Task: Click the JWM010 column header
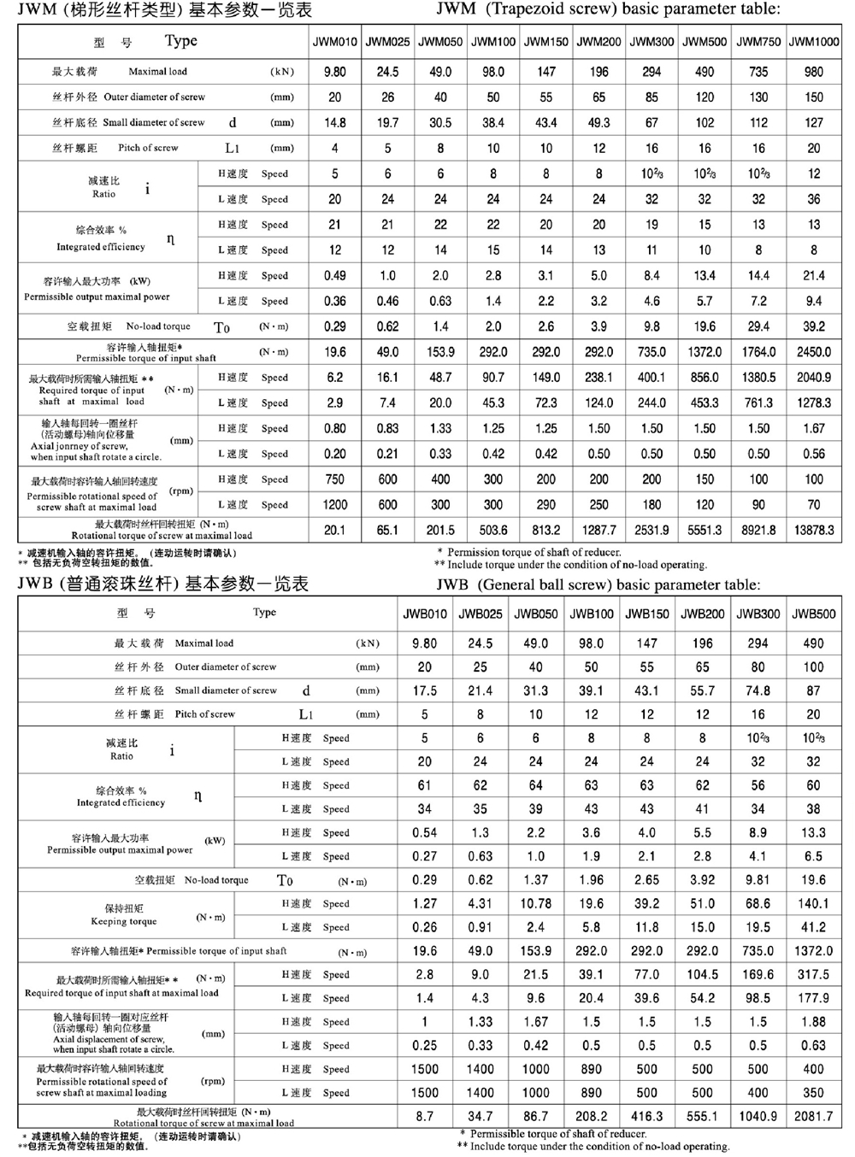[335, 42]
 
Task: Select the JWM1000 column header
[814, 42]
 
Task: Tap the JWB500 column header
[814, 614]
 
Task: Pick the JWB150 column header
[647, 614]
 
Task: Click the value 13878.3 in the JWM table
[814, 530]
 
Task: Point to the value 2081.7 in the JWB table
[814, 1116]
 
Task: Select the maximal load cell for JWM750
[758, 72]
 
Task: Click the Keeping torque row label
[125, 915]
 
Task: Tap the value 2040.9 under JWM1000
[814, 377]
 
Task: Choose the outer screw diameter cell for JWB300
[758, 667]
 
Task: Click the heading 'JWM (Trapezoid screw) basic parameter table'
[608, 10]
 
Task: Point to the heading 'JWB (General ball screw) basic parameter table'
[598, 585]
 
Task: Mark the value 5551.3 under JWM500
[705, 530]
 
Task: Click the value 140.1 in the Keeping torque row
[814, 903]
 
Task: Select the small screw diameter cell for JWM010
[335, 122]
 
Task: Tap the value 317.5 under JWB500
[814, 974]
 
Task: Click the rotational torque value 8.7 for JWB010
[425, 1116]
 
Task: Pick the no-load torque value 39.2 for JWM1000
[814, 326]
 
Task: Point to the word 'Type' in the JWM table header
[180, 41]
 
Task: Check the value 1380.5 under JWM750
[758, 377]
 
